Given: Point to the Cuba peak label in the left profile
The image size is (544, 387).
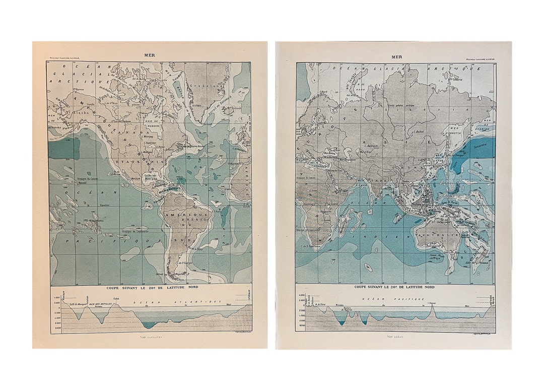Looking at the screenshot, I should pyautogui.click(x=116, y=299).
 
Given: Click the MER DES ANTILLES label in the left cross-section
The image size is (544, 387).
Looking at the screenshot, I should pyautogui.click(x=99, y=304).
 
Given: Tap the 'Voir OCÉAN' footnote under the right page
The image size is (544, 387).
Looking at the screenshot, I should pyautogui.click(x=395, y=337).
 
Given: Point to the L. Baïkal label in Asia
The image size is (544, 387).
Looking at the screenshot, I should pyautogui.click(x=417, y=132).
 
